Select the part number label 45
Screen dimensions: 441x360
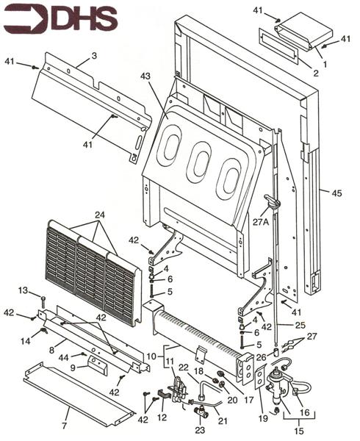(x=336, y=193)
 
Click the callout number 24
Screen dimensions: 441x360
(x=100, y=215)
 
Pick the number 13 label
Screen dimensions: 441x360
(x=23, y=290)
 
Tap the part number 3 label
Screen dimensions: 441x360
(x=93, y=55)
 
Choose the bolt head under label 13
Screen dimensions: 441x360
(x=44, y=298)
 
